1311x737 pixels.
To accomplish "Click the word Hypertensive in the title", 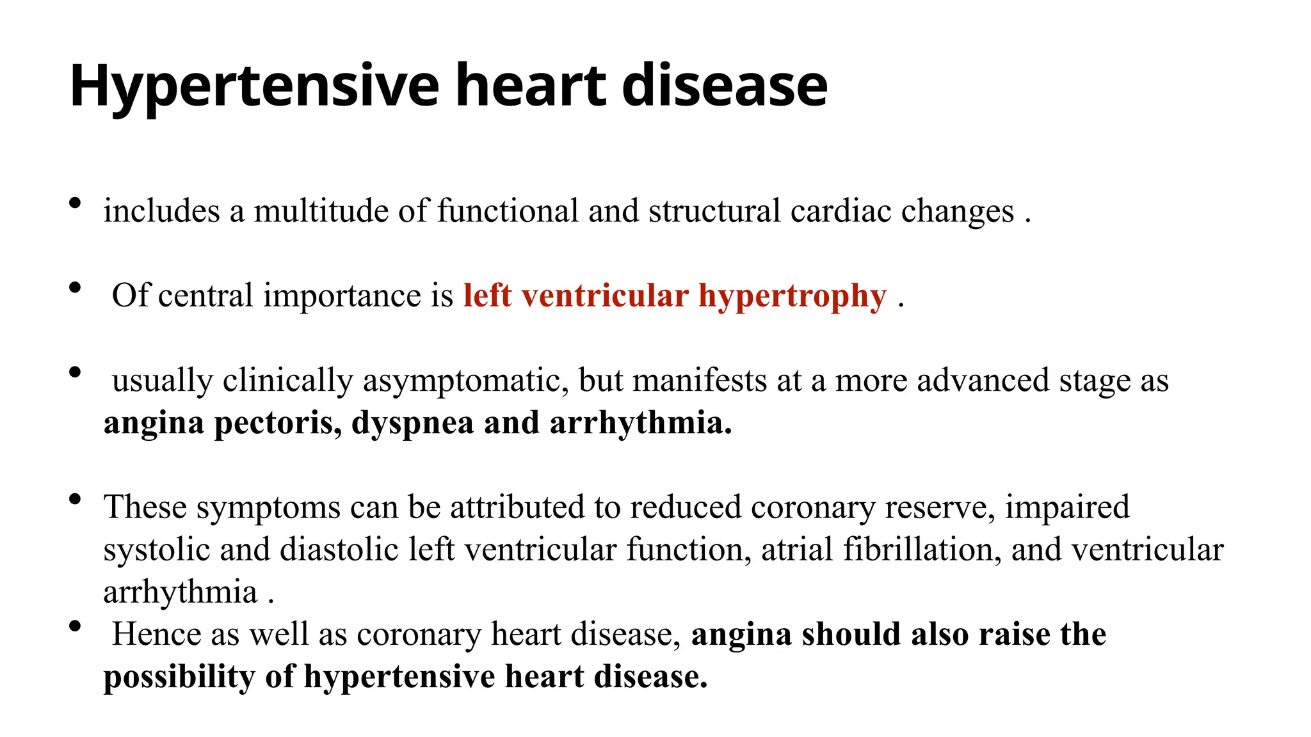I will [x=253, y=86].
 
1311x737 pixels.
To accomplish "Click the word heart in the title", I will [x=530, y=86].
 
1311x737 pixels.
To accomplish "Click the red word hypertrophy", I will [x=792, y=296].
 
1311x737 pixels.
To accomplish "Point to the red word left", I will [x=487, y=296].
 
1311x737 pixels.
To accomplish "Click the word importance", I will [x=342, y=296].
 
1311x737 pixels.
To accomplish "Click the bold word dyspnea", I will [x=412, y=423].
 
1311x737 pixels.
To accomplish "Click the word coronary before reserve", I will [x=813, y=507].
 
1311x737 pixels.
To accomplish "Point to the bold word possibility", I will [x=179, y=677].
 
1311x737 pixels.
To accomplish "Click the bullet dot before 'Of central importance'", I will [x=75, y=288].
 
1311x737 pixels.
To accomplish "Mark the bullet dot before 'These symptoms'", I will [x=75, y=499].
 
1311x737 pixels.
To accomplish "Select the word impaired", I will [x=1067, y=507].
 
